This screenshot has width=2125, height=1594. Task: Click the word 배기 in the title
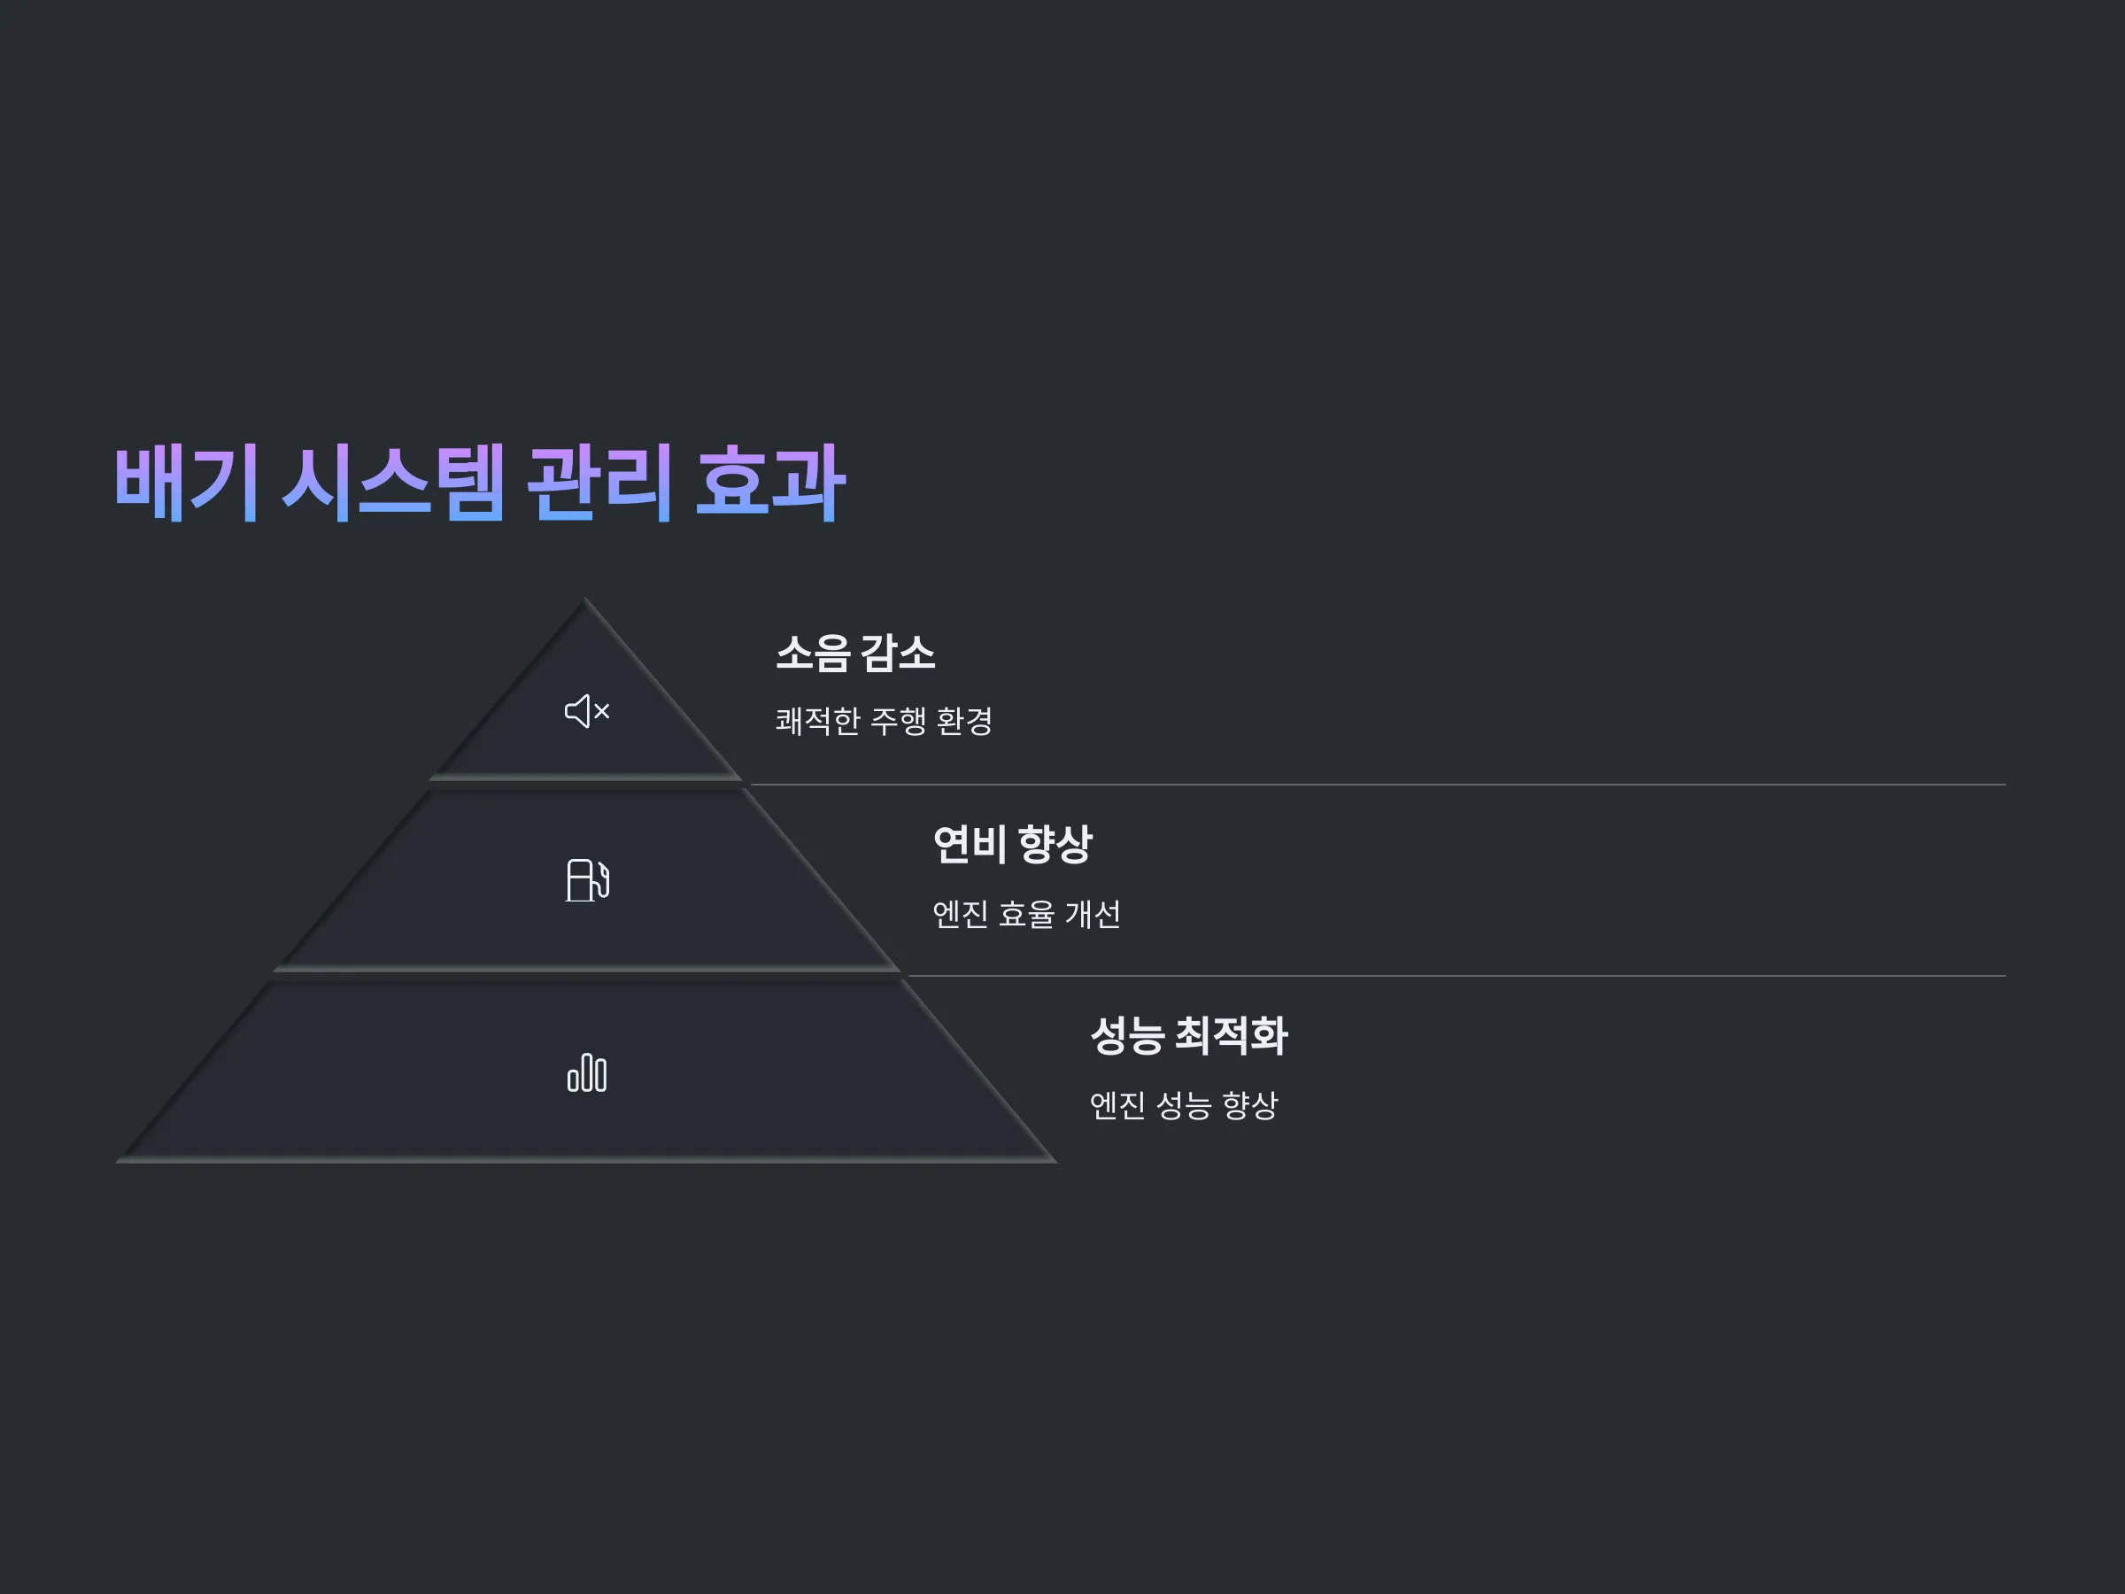pos(186,483)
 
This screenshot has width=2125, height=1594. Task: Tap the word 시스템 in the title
pos(393,483)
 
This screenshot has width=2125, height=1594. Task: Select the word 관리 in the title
pos(599,483)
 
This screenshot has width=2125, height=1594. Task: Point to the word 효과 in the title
pos(769,483)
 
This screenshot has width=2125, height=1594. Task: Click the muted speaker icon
pos(587,711)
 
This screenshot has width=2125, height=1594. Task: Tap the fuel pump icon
pos(587,880)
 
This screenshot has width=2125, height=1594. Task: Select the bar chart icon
pos(587,1072)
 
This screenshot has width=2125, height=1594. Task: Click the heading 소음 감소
pos(855,654)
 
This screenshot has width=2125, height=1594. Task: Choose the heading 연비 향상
pos(1013,845)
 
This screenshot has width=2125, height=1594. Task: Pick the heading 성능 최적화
pos(1189,1036)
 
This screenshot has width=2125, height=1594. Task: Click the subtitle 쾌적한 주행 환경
pos(884,721)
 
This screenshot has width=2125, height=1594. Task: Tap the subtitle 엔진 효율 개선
pos(1026,914)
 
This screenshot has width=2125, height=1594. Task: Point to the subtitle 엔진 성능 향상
pos(1184,1105)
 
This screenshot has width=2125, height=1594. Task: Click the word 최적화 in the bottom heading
pos(1232,1036)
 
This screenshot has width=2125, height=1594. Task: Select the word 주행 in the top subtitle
pos(898,721)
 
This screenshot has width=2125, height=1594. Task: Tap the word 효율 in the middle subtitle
pos(1027,914)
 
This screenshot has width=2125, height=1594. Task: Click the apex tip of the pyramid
pos(585,600)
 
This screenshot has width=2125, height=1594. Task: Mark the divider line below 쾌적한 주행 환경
pos(1378,784)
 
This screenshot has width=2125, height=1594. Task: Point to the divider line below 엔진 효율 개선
pos(1457,975)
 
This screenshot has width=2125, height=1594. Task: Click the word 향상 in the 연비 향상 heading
pos(1055,845)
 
